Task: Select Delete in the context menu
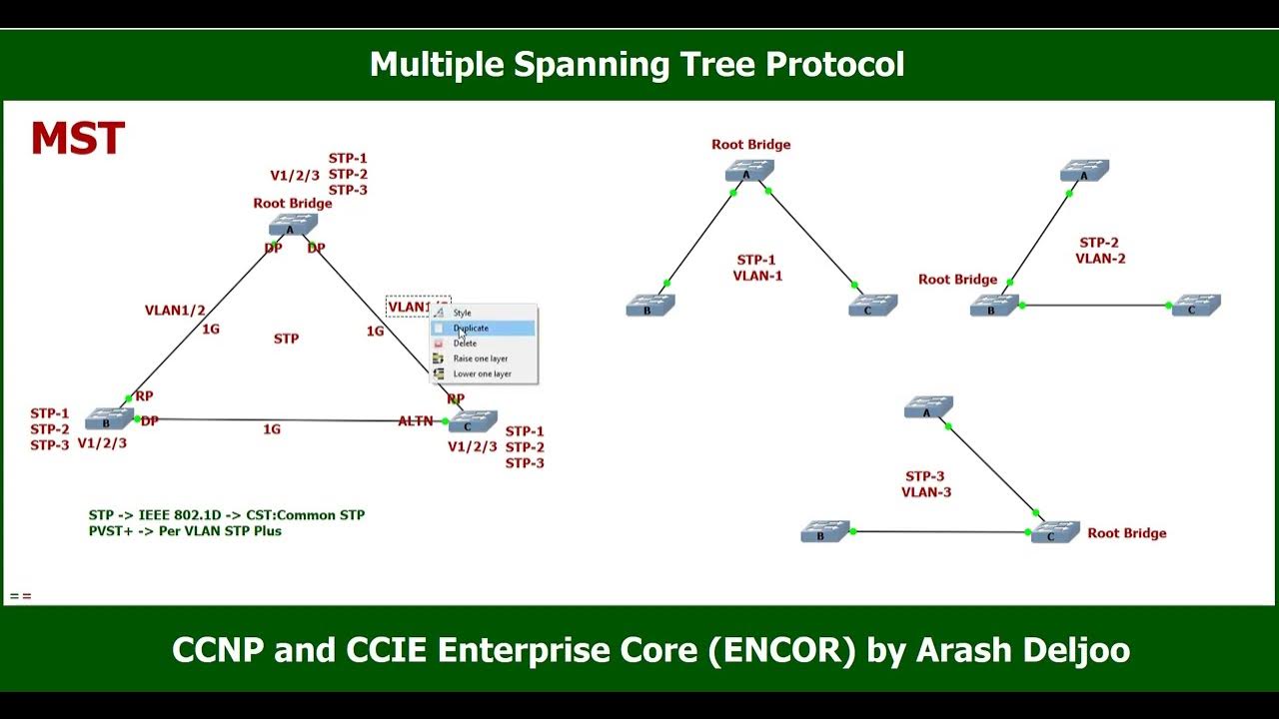pyautogui.click(x=466, y=344)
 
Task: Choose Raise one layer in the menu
pyautogui.click(x=481, y=359)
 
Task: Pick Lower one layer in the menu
pyautogui.click(x=482, y=374)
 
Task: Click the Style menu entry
pyautogui.click(x=463, y=314)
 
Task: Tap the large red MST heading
pyautogui.click(x=78, y=140)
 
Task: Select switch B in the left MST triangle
pyautogui.click(x=103, y=418)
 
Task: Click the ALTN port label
pyautogui.click(x=416, y=421)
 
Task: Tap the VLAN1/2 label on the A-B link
pyautogui.click(x=175, y=311)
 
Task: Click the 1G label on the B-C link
pyautogui.click(x=272, y=429)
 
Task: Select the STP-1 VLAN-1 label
pyautogui.click(x=756, y=268)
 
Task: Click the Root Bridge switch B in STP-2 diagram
pyautogui.click(x=993, y=306)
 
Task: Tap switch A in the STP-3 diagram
pyautogui.click(x=928, y=407)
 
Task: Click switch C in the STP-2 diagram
pyautogui.click(x=1196, y=305)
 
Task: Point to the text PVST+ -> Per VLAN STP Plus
pyautogui.click(x=185, y=531)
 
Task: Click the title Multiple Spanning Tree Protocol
pyautogui.click(x=638, y=65)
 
